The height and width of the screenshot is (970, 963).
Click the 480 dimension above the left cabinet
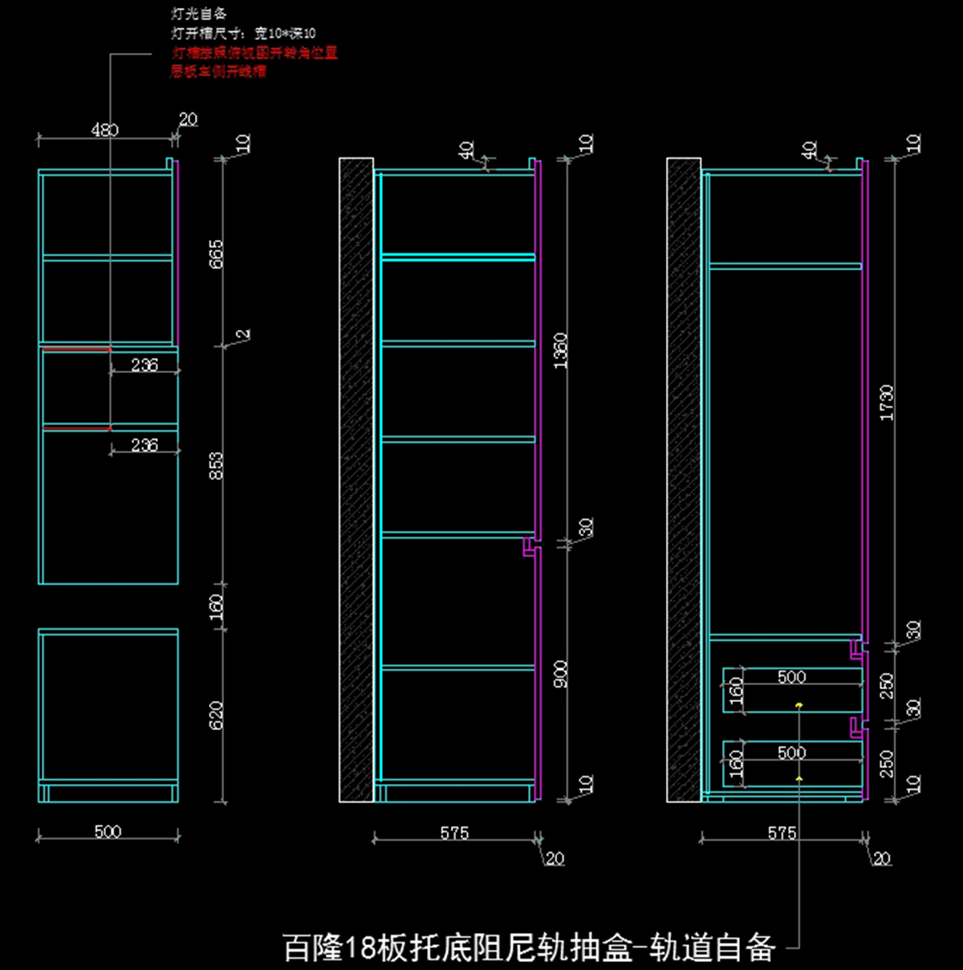(105, 130)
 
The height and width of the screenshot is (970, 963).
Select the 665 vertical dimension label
(217, 254)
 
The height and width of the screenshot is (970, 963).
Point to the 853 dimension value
(217, 466)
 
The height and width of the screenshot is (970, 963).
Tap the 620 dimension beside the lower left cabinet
(217, 716)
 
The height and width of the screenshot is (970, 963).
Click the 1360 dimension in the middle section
(560, 351)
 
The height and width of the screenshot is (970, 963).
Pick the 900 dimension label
(560, 674)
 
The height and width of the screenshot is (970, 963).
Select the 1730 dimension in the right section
(887, 402)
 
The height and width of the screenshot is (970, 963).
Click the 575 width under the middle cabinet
(454, 834)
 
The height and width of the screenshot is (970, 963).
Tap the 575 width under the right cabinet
(782, 834)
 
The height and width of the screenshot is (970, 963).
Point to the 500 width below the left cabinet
(108, 832)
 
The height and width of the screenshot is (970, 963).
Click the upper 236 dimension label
(144, 365)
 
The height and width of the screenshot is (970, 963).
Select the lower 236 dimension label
(144, 445)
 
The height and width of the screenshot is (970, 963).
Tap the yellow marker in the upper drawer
(799, 705)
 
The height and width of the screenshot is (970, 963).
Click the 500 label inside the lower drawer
(791, 753)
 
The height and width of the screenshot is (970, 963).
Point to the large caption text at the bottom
(529, 948)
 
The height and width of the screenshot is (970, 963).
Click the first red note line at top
(254, 53)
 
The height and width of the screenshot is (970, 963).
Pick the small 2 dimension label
(244, 334)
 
